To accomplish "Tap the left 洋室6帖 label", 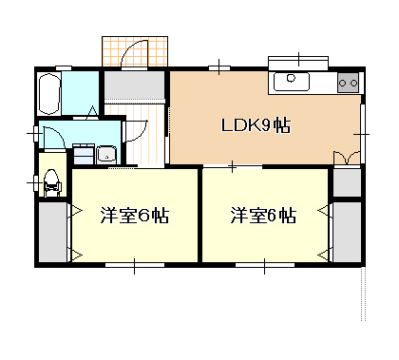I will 135,215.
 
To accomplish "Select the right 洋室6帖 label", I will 262,215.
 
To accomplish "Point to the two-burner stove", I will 348,83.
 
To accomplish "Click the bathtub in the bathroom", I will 49,93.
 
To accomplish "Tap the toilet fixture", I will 51,180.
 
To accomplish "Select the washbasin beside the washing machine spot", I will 104,153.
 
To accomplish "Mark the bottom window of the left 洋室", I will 134,263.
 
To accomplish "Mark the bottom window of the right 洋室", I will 263,263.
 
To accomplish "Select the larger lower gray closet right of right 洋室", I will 348,230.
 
